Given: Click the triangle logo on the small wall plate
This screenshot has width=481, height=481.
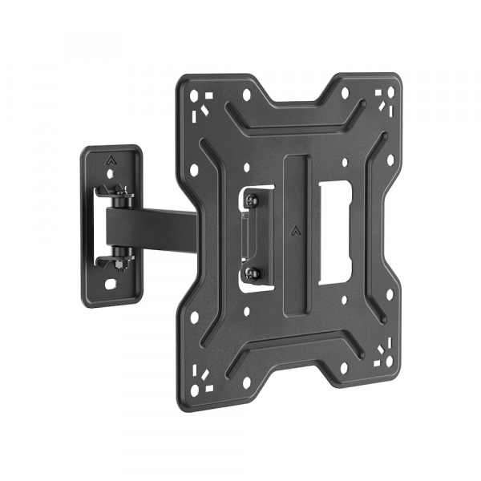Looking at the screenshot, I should tap(110, 159).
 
